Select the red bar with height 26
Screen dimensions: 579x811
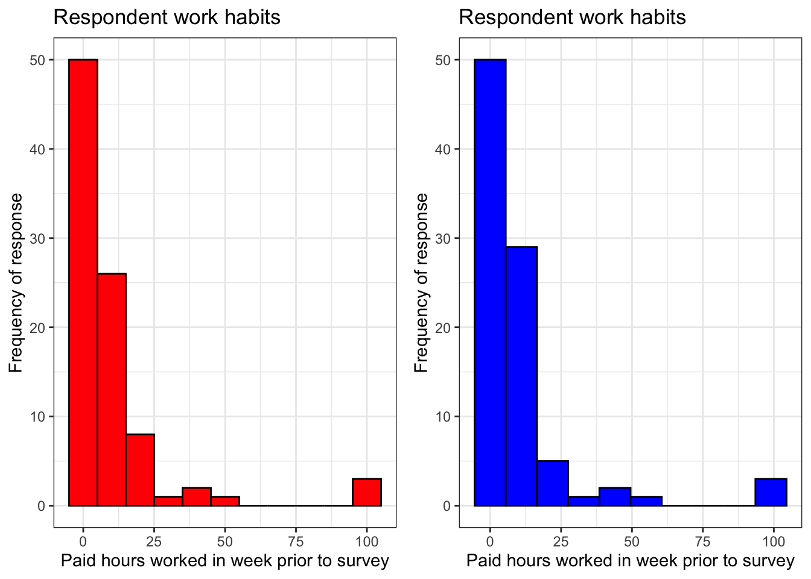tap(112, 390)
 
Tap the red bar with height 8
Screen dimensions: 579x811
tap(140, 470)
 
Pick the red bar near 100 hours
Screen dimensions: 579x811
tap(367, 492)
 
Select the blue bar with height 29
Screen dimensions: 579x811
tap(521, 376)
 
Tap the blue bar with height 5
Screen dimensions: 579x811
tap(553, 483)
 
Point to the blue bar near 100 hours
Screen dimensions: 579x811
tap(771, 492)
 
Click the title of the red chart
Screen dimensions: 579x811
tap(167, 17)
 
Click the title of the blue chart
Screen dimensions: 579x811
tap(572, 17)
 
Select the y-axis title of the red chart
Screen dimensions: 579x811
tap(16, 282)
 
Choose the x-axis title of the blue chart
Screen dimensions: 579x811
tap(630, 561)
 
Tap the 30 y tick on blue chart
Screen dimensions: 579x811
tap(443, 238)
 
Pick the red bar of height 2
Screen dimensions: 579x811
tap(197, 496)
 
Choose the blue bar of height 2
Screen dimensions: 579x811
tap(615, 496)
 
